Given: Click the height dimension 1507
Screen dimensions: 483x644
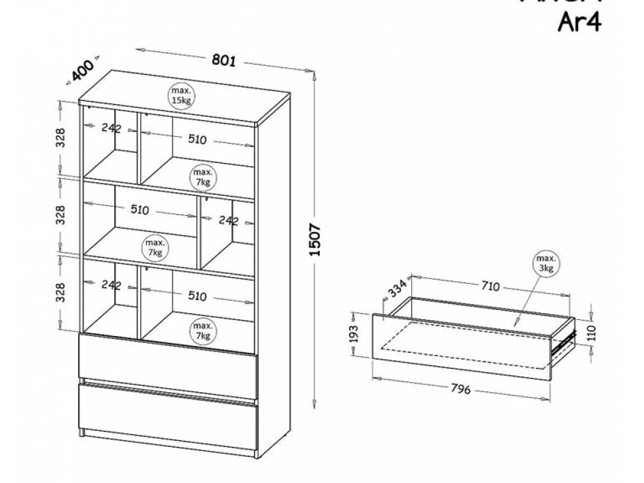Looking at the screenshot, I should (x=317, y=240).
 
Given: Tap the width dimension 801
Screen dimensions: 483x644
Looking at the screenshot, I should (x=224, y=60).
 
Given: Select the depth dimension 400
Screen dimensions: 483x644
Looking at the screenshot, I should (x=83, y=70).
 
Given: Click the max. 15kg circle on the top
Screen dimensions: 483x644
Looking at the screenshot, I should (x=181, y=96).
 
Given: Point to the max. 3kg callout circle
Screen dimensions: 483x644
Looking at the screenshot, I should (x=546, y=263).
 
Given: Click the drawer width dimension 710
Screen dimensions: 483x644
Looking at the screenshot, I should (x=490, y=287).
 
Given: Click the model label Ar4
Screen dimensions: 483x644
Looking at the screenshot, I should (x=579, y=23).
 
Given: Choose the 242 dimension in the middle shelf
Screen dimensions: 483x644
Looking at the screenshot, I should (x=228, y=220).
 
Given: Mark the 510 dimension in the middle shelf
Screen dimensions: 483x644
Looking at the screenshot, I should (x=139, y=210).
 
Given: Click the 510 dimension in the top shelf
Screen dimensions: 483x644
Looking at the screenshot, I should (x=197, y=140).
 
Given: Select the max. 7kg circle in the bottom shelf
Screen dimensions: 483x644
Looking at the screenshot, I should (x=202, y=330).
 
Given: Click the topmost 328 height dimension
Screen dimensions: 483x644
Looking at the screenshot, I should (x=61, y=137).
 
